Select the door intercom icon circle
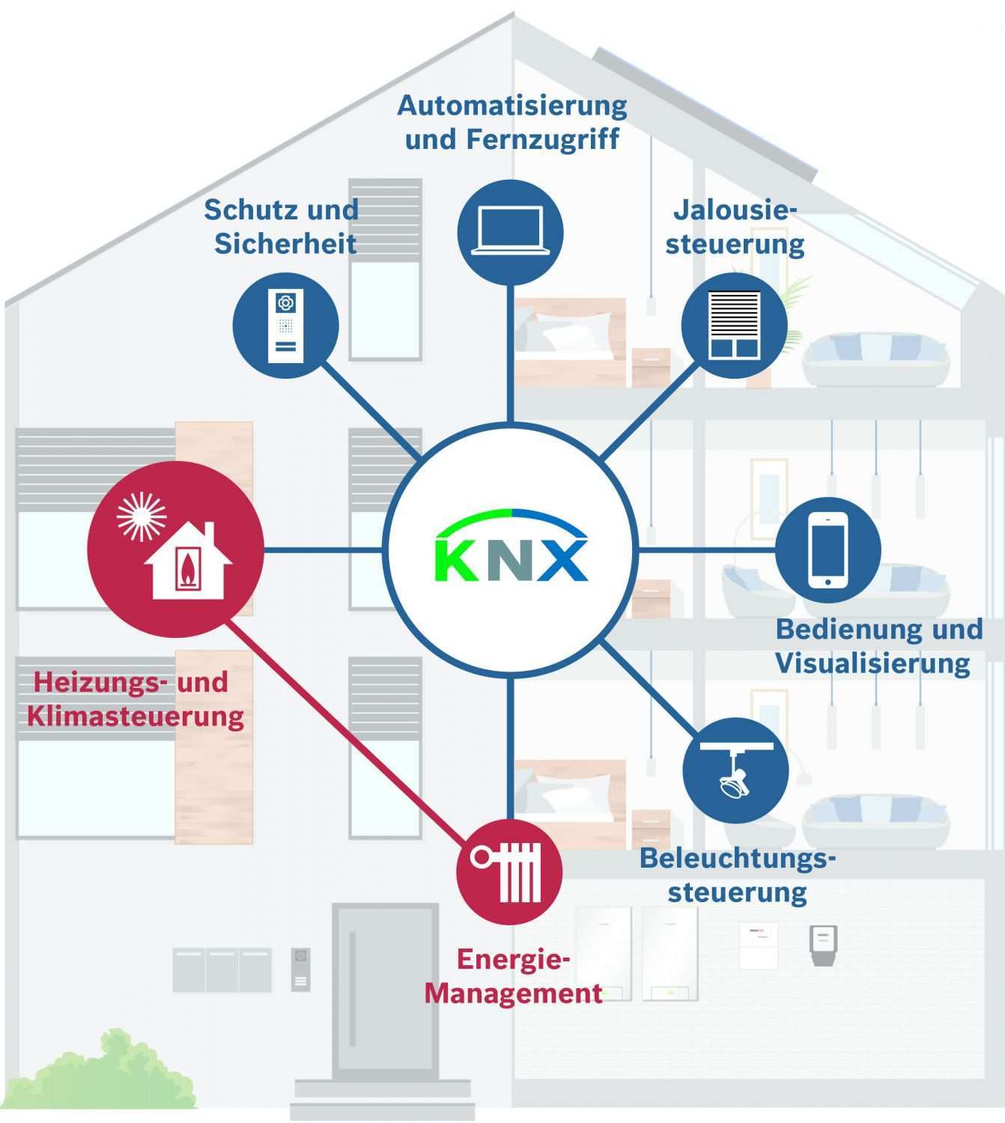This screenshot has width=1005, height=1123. click(285, 326)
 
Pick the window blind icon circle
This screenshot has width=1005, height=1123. click(734, 325)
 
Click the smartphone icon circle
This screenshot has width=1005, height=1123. click(828, 550)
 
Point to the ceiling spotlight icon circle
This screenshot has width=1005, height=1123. click(735, 771)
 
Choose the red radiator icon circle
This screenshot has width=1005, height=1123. click(509, 871)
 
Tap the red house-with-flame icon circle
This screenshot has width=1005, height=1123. click(176, 550)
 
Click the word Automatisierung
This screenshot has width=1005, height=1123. click(512, 106)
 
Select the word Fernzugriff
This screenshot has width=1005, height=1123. click(542, 139)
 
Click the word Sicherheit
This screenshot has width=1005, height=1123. click(285, 243)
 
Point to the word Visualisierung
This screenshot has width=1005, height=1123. click(872, 663)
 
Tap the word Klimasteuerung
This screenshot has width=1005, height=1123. click(136, 716)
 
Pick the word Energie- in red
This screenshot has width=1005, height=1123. click(514, 960)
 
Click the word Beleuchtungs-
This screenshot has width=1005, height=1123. click(737, 858)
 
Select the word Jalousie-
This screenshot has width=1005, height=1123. click(735, 210)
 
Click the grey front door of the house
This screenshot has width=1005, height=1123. click(386, 988)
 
